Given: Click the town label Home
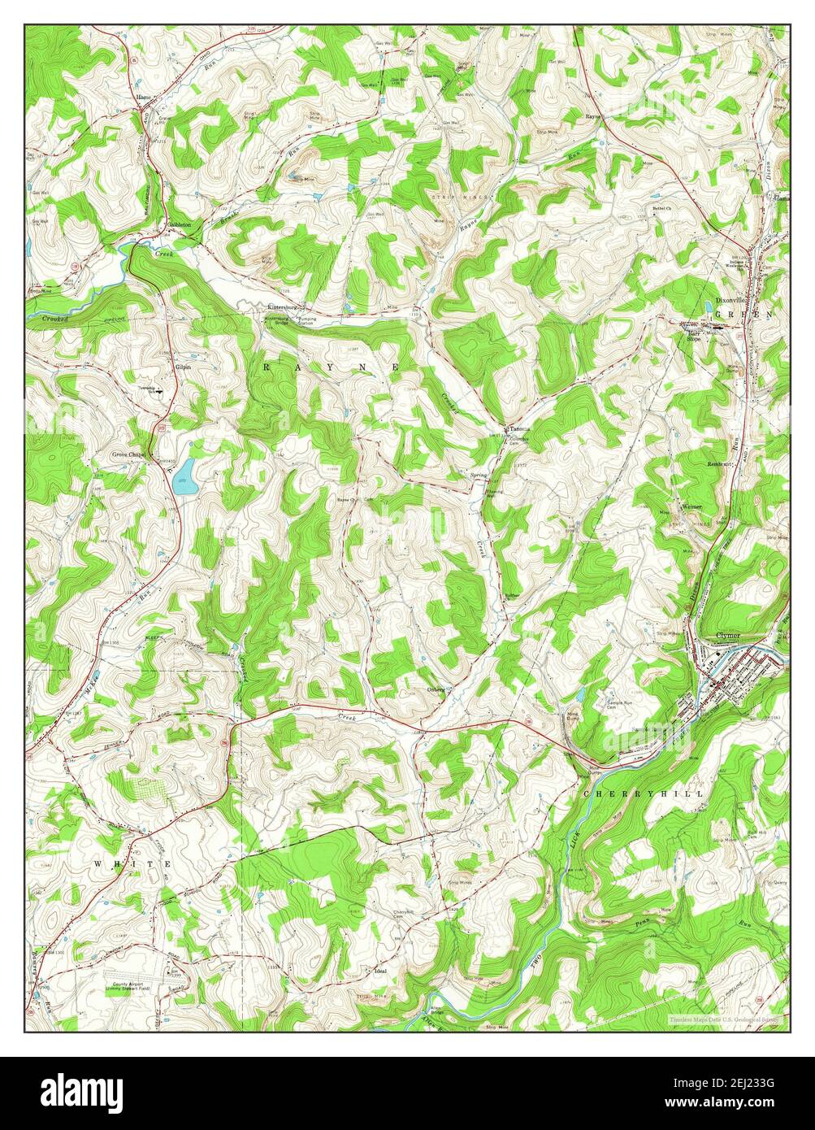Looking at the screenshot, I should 145,98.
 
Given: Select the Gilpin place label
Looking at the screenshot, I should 184,367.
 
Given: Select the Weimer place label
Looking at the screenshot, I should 691,506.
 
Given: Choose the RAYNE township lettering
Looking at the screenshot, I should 329,367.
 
